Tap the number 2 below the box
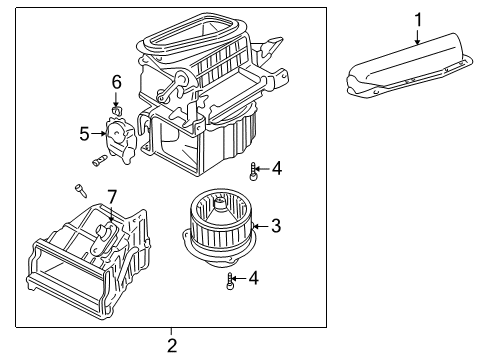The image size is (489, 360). (x=172, y=346)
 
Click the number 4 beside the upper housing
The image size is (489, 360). (x=276, y=169)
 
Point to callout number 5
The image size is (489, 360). (x=85, y=131)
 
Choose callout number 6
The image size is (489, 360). (x=117, y=81)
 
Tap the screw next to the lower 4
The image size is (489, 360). (x=232, y=280)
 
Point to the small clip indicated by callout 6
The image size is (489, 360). (x=117, y=101)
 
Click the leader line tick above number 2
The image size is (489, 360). (x=172, y=330)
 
